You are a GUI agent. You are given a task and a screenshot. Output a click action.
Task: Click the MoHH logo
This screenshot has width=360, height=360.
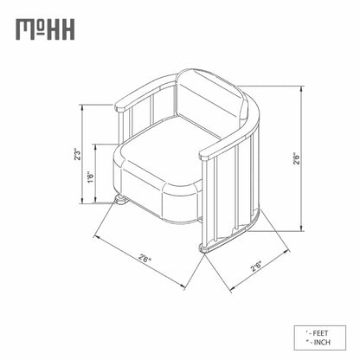pyautogui.click(x=45, y=29)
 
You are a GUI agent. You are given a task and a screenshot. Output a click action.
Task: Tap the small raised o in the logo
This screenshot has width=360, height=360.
pyautogui.click(x=42, y=26)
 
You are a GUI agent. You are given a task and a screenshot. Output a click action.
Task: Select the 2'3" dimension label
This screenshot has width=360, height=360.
pyautogui.click(x=77, y=154)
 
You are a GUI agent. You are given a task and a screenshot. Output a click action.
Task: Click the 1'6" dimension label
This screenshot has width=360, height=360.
pyautogui.click(x=91, y=177)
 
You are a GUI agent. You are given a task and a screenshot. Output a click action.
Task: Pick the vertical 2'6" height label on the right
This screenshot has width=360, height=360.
pyautogui.click(x=297, y=158)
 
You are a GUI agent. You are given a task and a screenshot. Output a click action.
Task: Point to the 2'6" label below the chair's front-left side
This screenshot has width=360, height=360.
pyautogui.click(x=145, y=257)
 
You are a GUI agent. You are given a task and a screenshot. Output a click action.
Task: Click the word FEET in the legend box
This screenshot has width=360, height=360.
pyautogui.click(x=320, y=333)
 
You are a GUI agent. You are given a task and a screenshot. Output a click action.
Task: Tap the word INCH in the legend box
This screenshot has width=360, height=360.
pyautogui.click(x=322, y=343)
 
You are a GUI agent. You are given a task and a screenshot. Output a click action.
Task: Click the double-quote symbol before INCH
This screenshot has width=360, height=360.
pyautogui.click(x=306, y=341)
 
